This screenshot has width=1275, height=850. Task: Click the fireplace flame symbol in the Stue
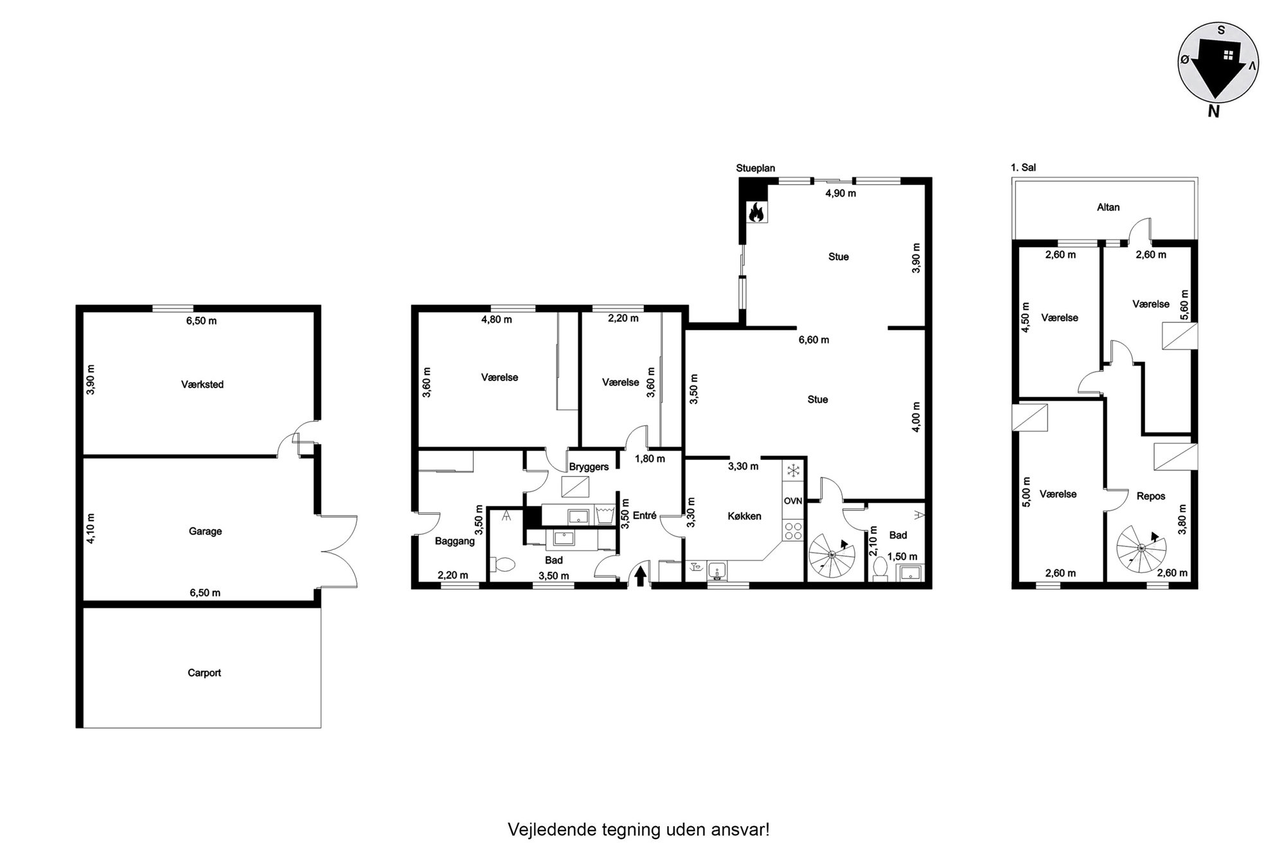[756, 212]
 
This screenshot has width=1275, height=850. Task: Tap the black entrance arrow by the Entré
[641, 575]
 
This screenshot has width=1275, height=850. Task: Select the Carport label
[204, 673]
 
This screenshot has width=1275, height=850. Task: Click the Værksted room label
[202, 384]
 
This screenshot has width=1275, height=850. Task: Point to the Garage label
[205, 531]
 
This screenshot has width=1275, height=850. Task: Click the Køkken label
[744, 516]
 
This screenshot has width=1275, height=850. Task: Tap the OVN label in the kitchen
[793, 501]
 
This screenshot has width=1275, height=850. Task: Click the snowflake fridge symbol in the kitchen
[794, 470]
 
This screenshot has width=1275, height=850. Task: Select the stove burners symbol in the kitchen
[794, 531]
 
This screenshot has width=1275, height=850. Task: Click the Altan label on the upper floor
[1108, 207]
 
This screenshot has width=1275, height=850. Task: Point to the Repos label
[1150, 496]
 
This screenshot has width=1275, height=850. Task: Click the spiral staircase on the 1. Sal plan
[1141, 548]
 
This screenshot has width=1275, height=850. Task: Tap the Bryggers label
[589, 467]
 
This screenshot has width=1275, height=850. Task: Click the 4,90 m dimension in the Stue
[841, 193]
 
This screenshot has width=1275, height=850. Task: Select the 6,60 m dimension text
[814, 340]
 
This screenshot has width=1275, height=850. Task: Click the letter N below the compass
[1213, 111]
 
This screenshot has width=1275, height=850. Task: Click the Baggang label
[454, 541]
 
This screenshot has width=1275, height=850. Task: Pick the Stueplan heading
[756, 168]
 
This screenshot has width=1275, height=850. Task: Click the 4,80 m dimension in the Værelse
[496, 319]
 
